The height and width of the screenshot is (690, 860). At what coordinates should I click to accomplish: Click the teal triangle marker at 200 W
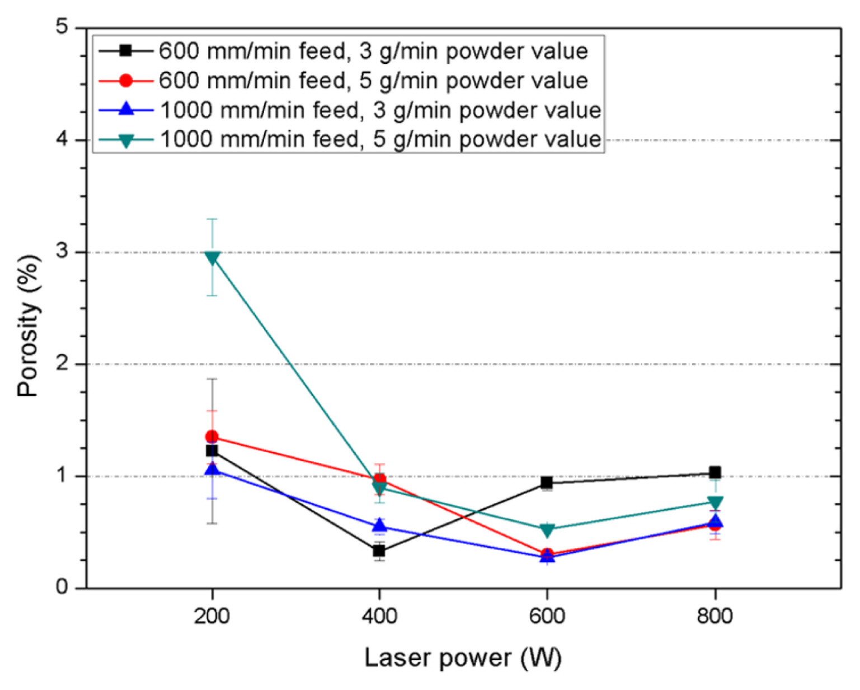coord(212,257)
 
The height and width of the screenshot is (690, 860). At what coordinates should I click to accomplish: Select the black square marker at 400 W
coord(379,551)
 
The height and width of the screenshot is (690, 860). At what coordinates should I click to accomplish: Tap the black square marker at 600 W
coord(547,482)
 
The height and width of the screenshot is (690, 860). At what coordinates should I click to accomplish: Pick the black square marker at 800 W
coord(715,472)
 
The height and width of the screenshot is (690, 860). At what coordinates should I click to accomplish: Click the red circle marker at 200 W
coord(212,436)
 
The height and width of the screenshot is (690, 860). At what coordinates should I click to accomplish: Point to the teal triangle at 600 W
coord(547,529)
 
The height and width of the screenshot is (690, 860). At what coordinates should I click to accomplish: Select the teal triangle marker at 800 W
coord(715,501)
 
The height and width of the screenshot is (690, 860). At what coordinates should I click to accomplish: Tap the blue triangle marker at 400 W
coord(379,525)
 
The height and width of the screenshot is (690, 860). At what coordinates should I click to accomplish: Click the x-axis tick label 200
coord(212,617)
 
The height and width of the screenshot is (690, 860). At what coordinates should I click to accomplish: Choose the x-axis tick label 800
coord(715,617)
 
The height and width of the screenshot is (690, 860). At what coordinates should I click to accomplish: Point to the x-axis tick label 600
coord(547,617)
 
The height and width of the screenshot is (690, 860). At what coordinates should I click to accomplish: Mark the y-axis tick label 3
coord(62,251)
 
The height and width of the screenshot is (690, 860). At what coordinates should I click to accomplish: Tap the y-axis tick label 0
coord(62,587)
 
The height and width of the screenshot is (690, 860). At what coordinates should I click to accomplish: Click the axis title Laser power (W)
coord(462,658)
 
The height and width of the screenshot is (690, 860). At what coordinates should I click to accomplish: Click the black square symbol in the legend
coord(126,51)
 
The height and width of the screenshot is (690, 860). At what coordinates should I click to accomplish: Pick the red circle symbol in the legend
coord(126,81)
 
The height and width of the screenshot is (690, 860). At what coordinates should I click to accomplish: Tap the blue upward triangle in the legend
coord(126,109)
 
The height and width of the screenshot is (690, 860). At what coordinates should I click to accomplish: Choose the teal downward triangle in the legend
coord(126,140)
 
